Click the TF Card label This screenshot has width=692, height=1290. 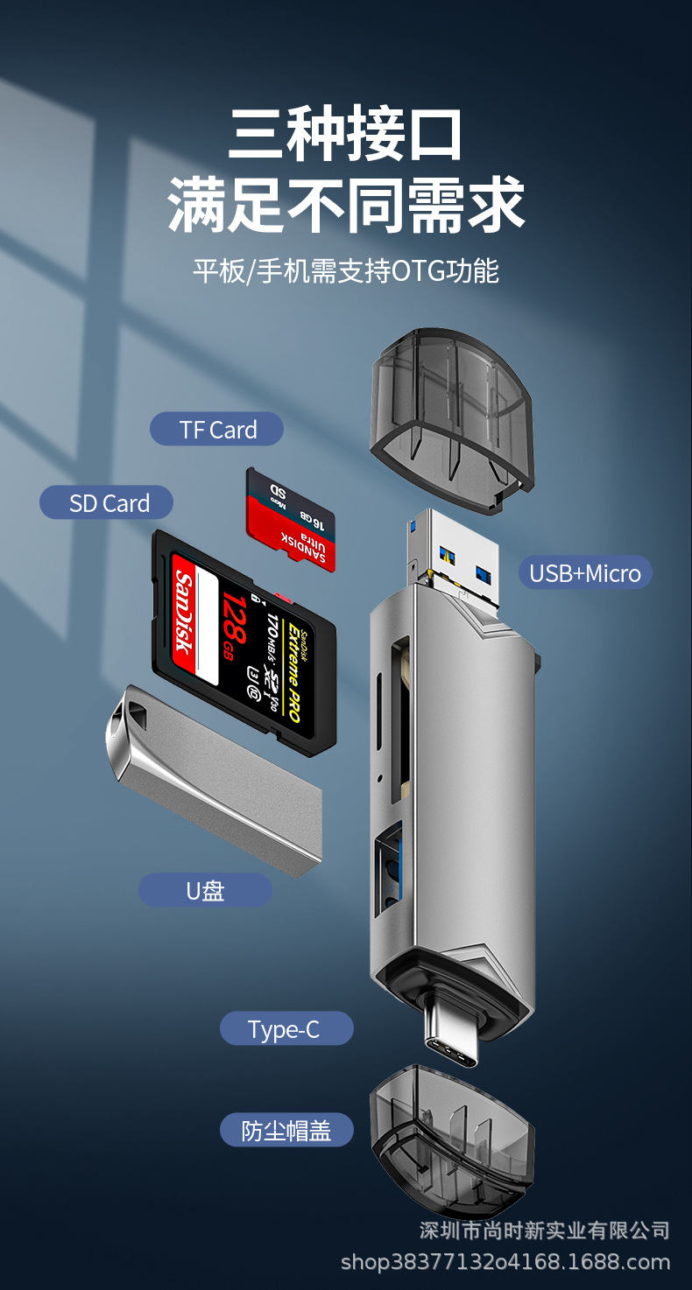tap(217, 430)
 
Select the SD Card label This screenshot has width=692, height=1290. tap(107, 503)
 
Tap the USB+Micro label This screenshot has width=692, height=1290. tap(585, 574)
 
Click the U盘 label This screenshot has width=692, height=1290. tap(206, 891)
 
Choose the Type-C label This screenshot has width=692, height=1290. tap(286, 1029)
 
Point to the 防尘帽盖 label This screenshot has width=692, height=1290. tap(286, 1131)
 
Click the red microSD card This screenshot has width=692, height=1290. tap(291, 520)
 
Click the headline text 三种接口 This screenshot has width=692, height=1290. tap(345, 134)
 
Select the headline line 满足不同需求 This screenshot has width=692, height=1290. tap(346, 205)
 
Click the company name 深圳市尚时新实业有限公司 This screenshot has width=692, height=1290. tap(544, 1230)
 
